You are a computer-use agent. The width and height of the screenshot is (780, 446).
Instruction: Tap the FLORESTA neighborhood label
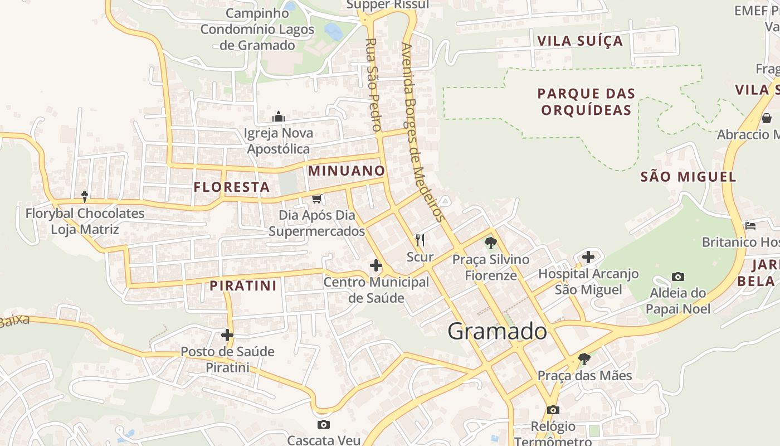232,187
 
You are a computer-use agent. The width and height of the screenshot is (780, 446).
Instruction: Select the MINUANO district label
347,171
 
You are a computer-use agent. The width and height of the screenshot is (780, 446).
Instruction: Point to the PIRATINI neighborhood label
243,286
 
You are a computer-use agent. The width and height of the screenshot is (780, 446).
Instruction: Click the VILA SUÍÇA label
579,41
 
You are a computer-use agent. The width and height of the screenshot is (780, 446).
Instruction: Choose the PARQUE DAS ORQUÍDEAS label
587,101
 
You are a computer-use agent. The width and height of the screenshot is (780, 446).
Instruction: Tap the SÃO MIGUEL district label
688,177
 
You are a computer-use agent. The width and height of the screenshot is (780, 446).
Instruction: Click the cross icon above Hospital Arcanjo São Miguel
588,257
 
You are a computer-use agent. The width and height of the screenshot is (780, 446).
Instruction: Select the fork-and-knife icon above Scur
420,240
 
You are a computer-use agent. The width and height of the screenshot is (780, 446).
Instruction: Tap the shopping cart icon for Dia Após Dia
317,198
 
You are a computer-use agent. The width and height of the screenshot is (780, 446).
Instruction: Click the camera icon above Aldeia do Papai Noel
678,277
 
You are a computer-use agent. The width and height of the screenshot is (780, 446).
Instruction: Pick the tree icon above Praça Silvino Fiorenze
490,243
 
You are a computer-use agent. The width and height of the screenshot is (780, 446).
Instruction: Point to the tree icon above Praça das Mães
584,358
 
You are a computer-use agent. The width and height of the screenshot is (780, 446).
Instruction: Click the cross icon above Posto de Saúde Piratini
227,335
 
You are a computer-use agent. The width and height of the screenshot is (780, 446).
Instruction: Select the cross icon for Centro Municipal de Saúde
376,265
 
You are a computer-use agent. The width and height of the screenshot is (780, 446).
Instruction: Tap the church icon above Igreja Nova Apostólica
279,117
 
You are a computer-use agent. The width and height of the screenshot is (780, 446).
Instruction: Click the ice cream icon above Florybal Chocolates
85,196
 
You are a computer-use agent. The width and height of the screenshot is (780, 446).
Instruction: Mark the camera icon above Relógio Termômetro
553,410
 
